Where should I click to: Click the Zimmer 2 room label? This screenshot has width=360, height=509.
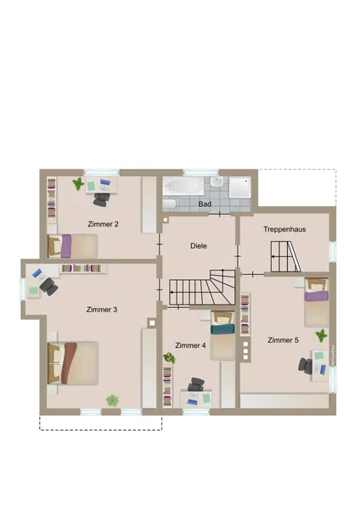pyautogui.click(x=103, y=224)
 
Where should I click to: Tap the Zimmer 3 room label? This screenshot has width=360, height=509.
pyautogui.click(x=102, y=310)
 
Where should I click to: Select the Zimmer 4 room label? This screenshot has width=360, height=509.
pyautogui.click(x=190, y=345)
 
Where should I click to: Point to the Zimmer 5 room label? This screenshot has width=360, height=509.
pyautogui.click(x=283, y=340)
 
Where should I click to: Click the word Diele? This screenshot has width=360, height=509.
pyautogui.click(x=199, y=246)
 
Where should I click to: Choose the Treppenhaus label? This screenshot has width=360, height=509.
pyautogui.click(x=284, y=229)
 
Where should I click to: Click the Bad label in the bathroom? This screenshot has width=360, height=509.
pyautogui.click(x=205, y=204)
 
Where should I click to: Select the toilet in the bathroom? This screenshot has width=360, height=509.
pyautogui.click(x=169, y=204)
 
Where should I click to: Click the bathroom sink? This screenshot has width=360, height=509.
pyautogui.click(x=217, y=182)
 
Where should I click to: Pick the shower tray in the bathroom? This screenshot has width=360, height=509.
pyautogui.click(x=239, y=187)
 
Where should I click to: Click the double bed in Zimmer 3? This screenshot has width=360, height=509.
pyautogui.click(x=73, y=363)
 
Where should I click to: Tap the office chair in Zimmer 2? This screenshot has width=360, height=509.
pyautogui.click(x=102, y=199)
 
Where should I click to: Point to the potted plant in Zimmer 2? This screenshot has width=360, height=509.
pyautogui.click(x=78, y=184)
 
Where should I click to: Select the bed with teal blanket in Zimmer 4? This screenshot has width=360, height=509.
pyautogui.click(x=222, y=335)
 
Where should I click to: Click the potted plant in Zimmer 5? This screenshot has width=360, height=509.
pyautogui.click(x=321, y=335)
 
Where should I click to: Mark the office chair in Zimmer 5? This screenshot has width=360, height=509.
pyautogui.click(x=306, y=366)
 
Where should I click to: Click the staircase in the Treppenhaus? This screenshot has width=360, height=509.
pyautogui.click(x=285, y=256)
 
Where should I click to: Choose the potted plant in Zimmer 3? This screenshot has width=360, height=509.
pyautogui.click(x=112, y=400)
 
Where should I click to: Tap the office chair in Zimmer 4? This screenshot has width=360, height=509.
pyautogui.click(x=196, y=384)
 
